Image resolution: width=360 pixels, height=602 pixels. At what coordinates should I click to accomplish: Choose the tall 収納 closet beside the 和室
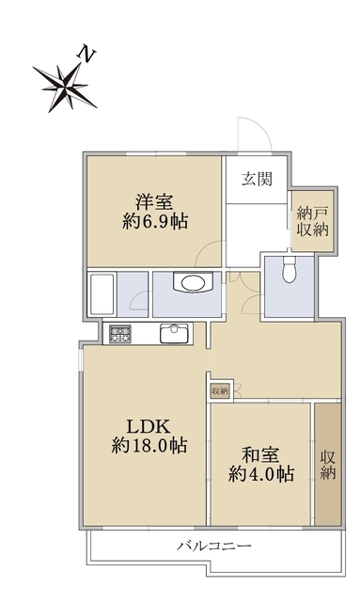[x=327, y=463]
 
